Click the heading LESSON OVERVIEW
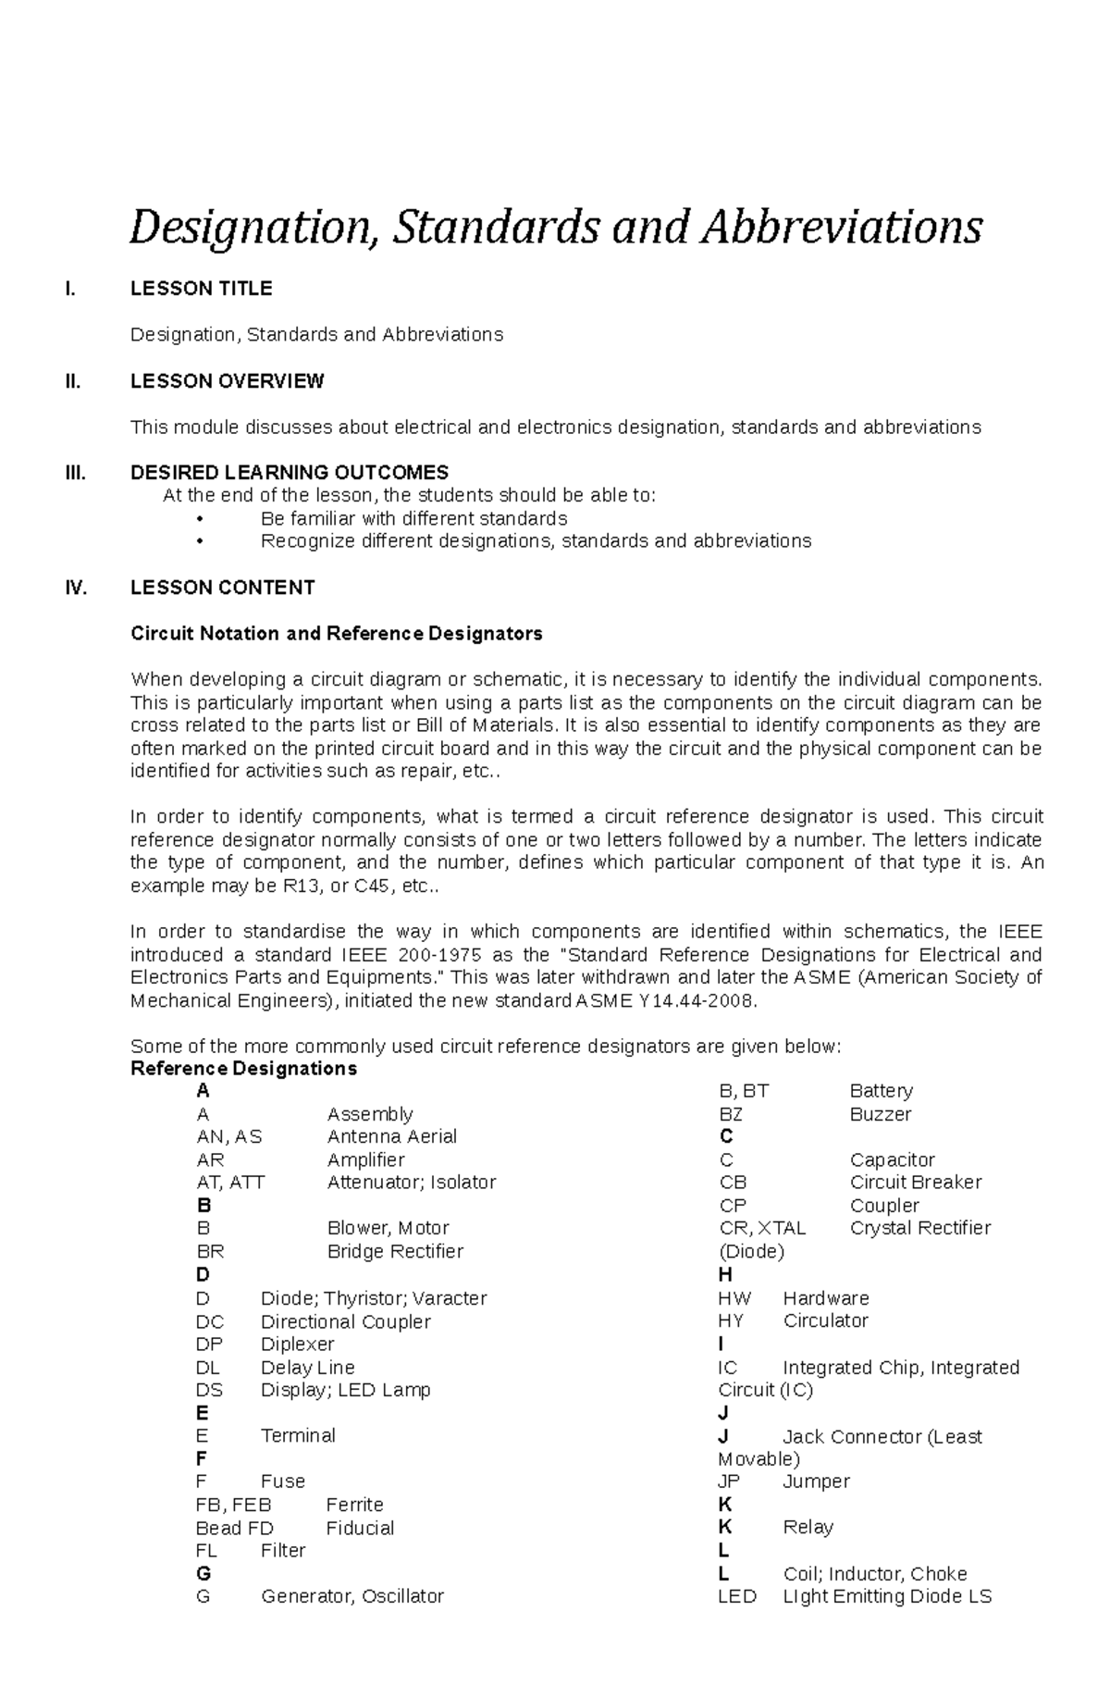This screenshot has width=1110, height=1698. [227, 381]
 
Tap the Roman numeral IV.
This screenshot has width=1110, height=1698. [76, 588]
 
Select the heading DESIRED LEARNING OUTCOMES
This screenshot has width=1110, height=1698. [290, 473]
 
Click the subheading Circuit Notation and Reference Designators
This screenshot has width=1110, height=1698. [336, 634]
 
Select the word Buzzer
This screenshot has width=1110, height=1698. [880, 1114]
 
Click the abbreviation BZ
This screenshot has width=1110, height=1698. [730, 1114]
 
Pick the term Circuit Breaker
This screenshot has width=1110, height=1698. [915, 1183]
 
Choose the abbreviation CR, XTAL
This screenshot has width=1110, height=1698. [762, 1228]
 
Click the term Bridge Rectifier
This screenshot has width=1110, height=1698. [395, 1251]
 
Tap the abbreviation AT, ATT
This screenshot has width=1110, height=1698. [230, 1183]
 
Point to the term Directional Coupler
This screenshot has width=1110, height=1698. [345, 1321]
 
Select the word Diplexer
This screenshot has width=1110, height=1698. [297, 1344]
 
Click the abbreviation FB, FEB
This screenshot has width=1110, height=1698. [233, 1505]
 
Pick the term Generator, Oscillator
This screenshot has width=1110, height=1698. [352, 1596]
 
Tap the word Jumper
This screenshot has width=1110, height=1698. [816, 1481]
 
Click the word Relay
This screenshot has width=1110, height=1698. [808, 1527]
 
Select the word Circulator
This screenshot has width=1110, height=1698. [825, 1320]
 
